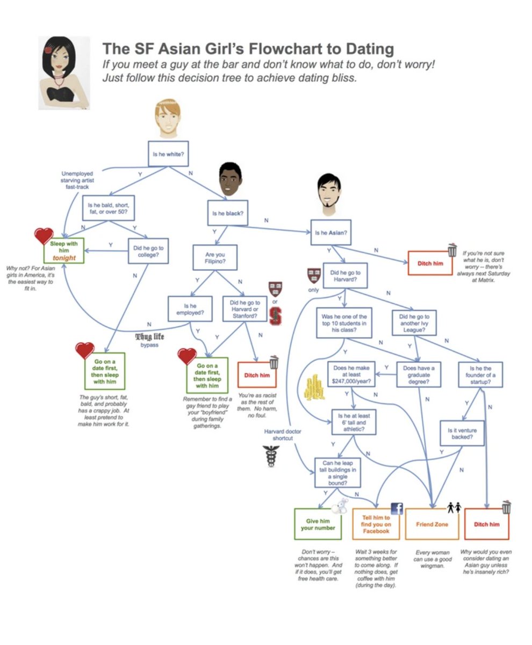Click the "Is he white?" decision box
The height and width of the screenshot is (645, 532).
click(168, 154)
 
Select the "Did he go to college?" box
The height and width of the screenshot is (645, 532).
click(148, 251)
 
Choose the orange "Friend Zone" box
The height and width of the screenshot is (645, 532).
click(432, 524)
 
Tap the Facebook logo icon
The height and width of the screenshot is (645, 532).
click(397, 508)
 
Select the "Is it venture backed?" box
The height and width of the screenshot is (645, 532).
click(462, 433)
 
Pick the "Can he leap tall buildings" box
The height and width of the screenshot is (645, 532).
click(338, 472)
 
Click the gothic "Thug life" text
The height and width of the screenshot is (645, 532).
click(150, 337)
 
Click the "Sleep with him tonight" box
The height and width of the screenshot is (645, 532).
click(64, 251)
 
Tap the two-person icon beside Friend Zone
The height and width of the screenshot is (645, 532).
click(454, 507)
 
